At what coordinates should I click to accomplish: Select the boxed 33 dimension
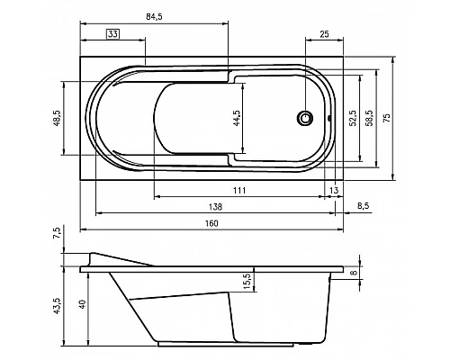click(x=112, y=34)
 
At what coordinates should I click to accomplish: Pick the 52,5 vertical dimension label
click(x=353, y=117)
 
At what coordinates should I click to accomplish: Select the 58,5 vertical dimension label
click(x=367, y=117)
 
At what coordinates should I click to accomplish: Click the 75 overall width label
click(x=387, y=117)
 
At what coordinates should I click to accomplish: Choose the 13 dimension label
click(x=333, y=190)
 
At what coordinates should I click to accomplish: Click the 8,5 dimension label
click(x=363, y=206)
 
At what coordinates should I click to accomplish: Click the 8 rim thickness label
click(x=353, y=273)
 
